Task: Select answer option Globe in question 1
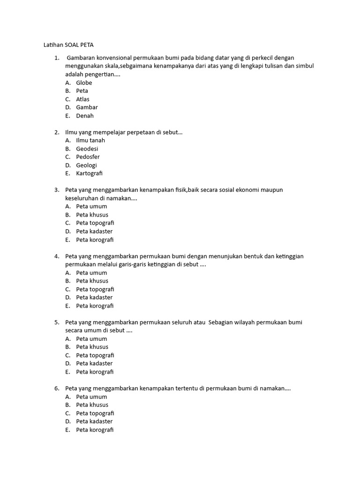point(84,83)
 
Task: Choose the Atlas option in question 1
point(82,99)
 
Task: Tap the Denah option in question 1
point(85,116)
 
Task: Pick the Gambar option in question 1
point(87,107)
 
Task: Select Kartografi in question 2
point(89,173)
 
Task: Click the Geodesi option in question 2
point(87,149)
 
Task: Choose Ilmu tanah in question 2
point(90,140)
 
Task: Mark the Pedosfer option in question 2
point(88,157)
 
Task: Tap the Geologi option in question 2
point(87,165)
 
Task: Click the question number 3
point(56,190)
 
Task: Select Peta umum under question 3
point(91,206)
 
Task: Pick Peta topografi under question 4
point(95,289)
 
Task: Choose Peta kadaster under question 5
point(94,363)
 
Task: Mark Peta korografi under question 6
point(95,430)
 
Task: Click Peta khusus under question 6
point(92,405)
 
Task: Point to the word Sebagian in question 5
point(223,322)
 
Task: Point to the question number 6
point(56,389)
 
